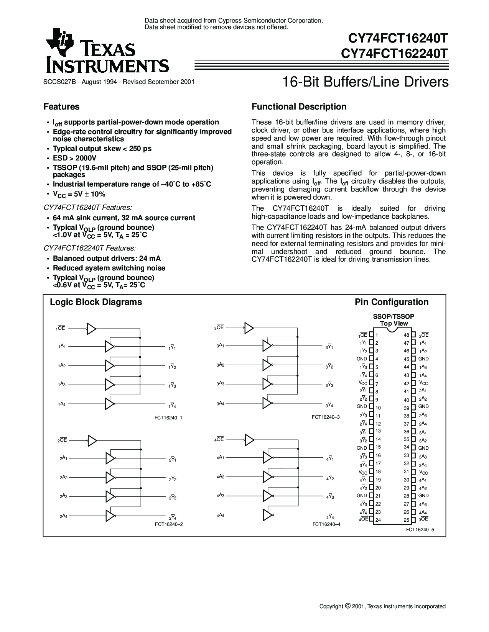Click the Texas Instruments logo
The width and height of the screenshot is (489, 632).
click(x=107, y=51)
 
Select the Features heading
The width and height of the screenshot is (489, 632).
click(x=61, y=107)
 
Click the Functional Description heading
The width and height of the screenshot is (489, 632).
click(x=299, y=107)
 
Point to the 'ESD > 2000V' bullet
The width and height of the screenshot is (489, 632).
click(x=74, y=158)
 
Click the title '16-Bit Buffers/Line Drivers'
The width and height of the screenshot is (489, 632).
click(x=366, y=82)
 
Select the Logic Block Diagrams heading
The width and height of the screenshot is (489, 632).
click(x=96, y=302)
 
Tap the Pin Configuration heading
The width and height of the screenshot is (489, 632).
click(x=392, y=302)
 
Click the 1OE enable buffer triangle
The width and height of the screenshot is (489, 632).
click(x=92, y=329)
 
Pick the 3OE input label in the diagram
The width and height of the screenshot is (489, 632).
click(x=219, y=328)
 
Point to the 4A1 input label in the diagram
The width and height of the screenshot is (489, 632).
click(x=221, y=457)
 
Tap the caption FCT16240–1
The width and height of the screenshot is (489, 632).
click(x=168, y=418)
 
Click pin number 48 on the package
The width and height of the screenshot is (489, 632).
click(x=406, y=335)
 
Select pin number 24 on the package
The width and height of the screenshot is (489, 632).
click(x=378, y=520)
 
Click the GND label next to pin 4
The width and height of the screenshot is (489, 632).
click(x=362, y=359)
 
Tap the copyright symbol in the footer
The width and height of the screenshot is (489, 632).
click(x=347, y=606)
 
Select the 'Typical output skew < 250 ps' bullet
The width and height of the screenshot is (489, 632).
click(x=102, y=149)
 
